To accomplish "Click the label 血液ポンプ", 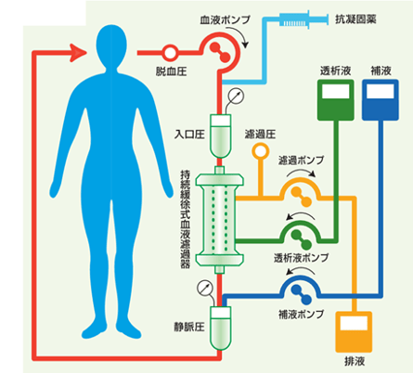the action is (x=225, y=20).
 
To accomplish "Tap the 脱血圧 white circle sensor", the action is (x=170, y=53).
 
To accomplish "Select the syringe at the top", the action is (x=303, y=19).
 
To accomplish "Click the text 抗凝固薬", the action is (x=355, y=19).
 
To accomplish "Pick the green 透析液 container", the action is (x=336, y=100).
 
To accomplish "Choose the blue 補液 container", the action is (x=381, y=100).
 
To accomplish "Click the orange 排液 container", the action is (x=354, y=332).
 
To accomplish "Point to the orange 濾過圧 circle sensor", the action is (x=260, y=151).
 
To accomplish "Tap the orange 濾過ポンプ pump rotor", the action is (x=301, y=197).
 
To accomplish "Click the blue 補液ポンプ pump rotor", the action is (x=301, y=294).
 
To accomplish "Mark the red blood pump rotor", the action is (x=220, y=53).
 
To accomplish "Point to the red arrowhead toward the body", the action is (x=78, y=53).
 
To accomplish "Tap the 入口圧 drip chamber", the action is (x=220, y=136).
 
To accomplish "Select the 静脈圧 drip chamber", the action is (x=220, y=328).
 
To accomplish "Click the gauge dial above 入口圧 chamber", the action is (x=236, y=96).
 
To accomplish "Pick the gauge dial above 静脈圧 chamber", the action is (x=205, y=288).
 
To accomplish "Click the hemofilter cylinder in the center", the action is (x=219, y=220).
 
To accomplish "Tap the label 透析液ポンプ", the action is (x=301, y=258).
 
